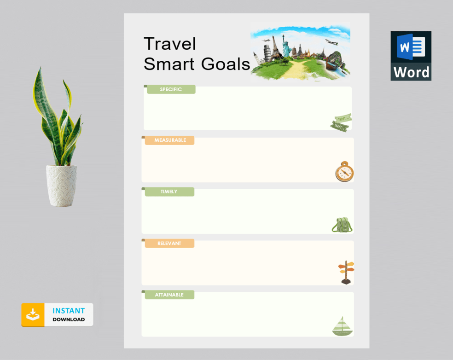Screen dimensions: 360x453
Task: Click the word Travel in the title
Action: click(x=170, y=44)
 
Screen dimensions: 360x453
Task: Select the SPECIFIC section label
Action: click(x=171, y=89)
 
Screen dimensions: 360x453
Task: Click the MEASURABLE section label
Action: click(x=170, y=140)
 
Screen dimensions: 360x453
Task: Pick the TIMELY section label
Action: click(x=169, y=192)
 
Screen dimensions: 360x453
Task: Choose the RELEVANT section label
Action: click(x=169, y=243)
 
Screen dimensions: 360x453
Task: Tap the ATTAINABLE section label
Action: click(x=169, y=295)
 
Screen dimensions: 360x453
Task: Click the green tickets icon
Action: click(x=341, y=123)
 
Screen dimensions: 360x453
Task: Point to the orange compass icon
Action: click(x=344, y=172)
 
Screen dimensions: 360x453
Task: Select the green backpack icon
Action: click(x=342, y=225)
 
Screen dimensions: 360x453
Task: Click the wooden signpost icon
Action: click(x=346, y=272)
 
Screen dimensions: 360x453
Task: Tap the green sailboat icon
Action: click(x=343, y=326)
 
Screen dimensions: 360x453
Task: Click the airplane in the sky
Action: click(x=331, y=42)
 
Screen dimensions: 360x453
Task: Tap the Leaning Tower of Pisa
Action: click(x=266, y=51)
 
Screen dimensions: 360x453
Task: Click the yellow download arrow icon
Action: click(x=33, y=315)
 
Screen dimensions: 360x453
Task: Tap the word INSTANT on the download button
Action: click(x=69, y=311)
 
